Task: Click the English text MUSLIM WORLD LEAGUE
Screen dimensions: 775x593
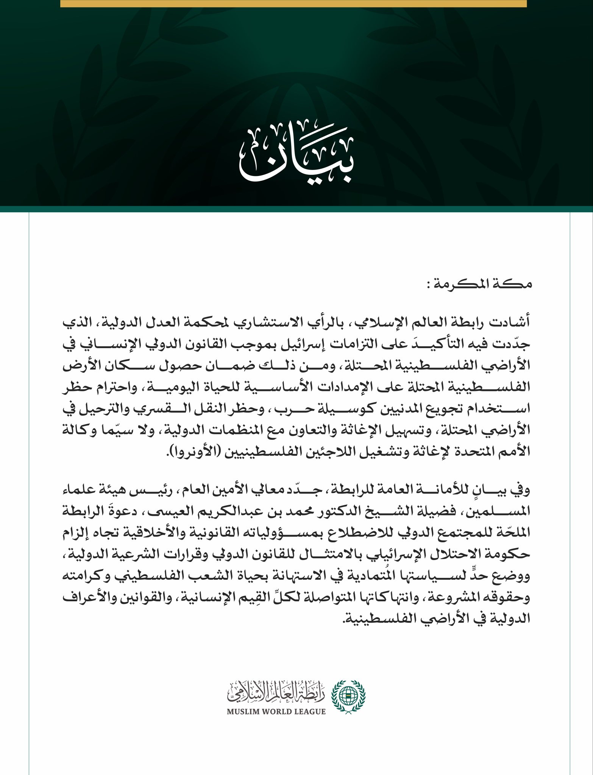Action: click(276, 711)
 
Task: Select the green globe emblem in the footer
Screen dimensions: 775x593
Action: click(348, 696)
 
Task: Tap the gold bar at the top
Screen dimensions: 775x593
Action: click(293, 3)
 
